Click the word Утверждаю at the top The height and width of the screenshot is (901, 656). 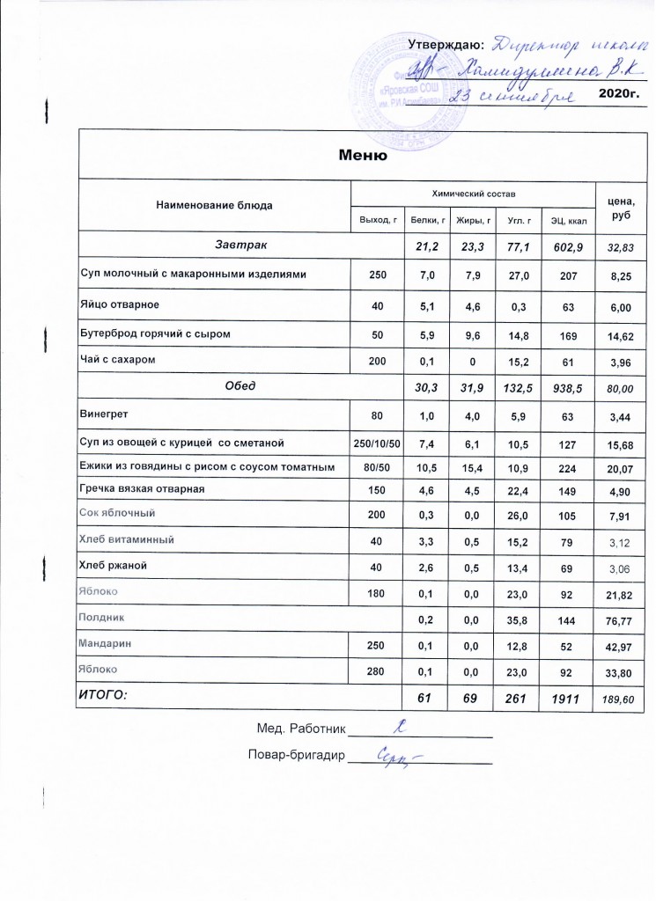point(446,45)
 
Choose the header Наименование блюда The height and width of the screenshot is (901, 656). point(214,205)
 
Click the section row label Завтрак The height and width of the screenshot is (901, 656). point(241,243)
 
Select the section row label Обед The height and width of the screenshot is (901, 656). point(242,385)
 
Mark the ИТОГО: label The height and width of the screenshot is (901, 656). point(104,695)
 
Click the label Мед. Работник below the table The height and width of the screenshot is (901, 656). point(299,729)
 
